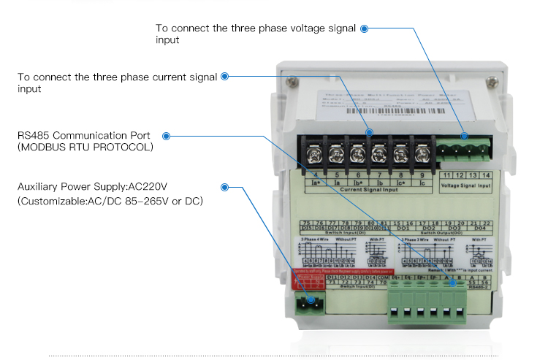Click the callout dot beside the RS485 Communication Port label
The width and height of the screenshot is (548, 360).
coord(167,136)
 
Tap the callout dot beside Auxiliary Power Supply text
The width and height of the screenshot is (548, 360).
coord(225,187)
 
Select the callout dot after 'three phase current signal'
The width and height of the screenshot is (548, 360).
coord(224,76)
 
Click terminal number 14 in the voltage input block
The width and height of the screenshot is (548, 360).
coord(486,176)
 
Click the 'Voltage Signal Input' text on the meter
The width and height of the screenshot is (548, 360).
coord(465,186)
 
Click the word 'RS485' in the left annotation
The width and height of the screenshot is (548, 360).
coord(32,136)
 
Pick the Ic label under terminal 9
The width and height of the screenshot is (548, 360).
coord(422,183)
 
